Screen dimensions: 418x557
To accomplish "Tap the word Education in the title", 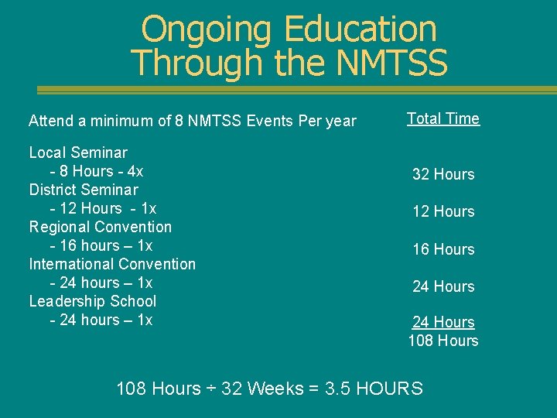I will coord(361,29).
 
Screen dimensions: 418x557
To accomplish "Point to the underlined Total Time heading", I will coord(443,118).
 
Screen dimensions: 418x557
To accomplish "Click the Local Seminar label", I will coord(78,152).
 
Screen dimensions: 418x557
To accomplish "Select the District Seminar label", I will coord(84,190).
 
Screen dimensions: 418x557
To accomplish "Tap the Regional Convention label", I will coord(101,227).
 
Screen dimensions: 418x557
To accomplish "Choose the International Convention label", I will coord(112,264).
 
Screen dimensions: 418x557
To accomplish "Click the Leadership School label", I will coord(93,301).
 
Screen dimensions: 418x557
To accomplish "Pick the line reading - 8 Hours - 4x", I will coord(97,171).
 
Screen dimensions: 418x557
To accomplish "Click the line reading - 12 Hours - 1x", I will coord(103,208).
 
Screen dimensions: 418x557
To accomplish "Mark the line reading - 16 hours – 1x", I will coord(101,245).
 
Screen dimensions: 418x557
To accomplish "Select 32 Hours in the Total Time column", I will coord(443,174).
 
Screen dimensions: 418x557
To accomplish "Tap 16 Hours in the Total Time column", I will coord(443,249).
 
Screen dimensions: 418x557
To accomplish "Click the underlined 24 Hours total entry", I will coord(443,322).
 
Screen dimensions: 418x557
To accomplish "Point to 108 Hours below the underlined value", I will coord(443,341).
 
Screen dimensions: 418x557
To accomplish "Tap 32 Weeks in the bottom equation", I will coord(262,389).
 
